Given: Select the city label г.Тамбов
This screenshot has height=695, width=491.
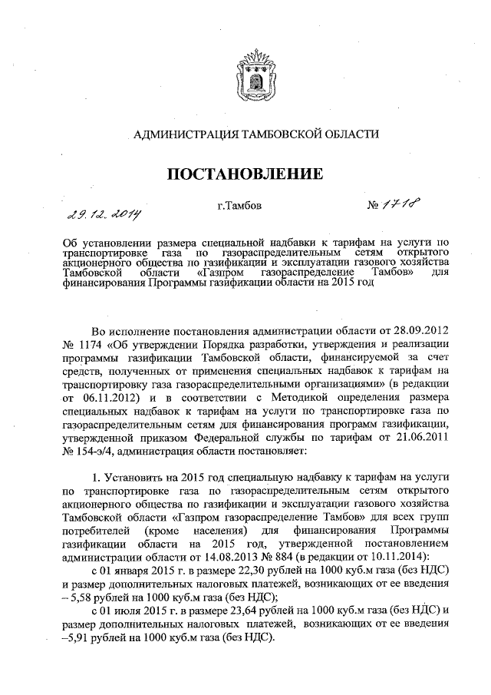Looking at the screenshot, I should tap(239, 206).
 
